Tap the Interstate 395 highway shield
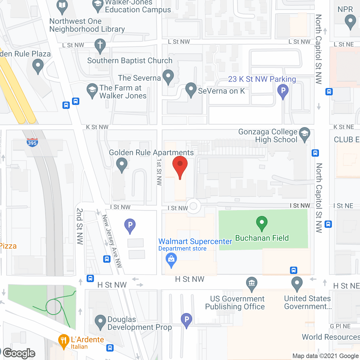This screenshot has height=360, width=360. (x=32, y=142)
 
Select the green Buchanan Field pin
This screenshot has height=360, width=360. (x=262, y=223)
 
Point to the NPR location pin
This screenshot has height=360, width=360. (x=350, y=21)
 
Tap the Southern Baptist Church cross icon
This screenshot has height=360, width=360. (x=100, y=45)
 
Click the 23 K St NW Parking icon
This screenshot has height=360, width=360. (x=283, y=91)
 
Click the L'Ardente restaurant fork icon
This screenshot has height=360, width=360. (x=64, y=341)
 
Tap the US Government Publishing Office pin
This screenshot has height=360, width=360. (x=252, y=283)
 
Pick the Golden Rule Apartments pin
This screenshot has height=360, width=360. (x=121, y=164)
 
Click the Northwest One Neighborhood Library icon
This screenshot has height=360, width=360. (x=62, y=6)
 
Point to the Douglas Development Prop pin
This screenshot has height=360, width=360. (x=100, y=322)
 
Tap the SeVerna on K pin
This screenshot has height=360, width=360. (x=191, y=89)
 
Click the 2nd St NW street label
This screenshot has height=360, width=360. (x=80, y=226)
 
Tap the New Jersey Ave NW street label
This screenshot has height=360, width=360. (x=112, y=241)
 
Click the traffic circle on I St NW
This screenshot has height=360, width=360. (x=193, y=206)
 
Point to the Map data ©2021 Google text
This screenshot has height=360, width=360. (x=325, y=356)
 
